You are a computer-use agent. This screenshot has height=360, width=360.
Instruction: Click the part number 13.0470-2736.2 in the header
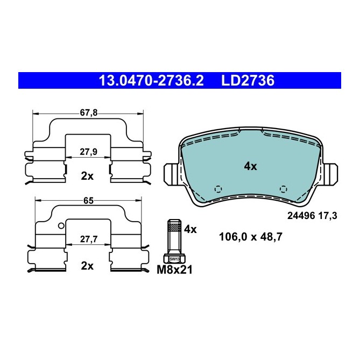[x=151, y=81]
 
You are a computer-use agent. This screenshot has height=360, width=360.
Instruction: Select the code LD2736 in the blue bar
[x=248, y=81]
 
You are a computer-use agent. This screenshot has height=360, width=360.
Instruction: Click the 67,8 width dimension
[x=89, y=112]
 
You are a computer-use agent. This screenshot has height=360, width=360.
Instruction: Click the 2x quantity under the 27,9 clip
[x=87, y=175]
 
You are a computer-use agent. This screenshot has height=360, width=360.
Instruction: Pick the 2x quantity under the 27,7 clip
[x=87, y=265]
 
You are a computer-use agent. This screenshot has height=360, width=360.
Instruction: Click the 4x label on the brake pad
[x=250, y=166]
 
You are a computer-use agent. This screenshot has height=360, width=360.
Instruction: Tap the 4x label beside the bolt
[x=190, y=229]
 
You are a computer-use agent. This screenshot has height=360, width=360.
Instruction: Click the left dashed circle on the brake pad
[x=218, y=189]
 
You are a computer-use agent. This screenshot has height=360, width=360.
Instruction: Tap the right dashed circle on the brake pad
[x=284, y=188]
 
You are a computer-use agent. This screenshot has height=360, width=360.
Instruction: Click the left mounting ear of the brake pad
[x=171, y=173]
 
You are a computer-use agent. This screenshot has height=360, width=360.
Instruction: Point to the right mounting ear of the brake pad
[x=331, y=173]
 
